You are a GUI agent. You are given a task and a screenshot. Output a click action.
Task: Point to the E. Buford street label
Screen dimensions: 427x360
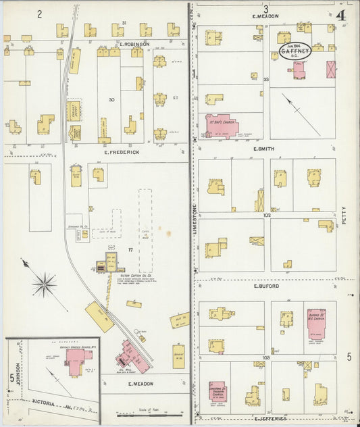[x=266, y=286]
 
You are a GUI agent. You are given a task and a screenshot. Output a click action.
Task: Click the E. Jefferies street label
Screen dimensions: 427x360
[x=271, y=418]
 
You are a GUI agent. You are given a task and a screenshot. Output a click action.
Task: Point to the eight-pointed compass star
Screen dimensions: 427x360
[x=45, y=284]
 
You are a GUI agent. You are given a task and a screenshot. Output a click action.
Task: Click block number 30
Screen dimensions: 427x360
[x=111, y=99]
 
